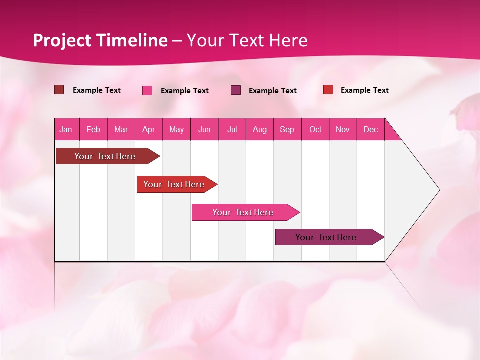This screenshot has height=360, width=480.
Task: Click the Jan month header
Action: (66, 129)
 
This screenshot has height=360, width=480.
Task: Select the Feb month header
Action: (93, 129)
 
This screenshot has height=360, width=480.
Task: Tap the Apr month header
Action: (149, 129)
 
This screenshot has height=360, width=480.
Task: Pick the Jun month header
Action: (204, 129)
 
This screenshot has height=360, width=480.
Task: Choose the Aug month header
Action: (260, 129)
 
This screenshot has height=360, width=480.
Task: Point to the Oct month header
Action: (315, 129)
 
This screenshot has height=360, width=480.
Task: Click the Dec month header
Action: (371, 129)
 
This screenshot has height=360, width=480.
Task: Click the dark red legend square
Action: (59, 90)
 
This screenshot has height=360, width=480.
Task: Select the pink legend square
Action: (147, 90)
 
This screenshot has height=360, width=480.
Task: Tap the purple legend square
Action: (236, 90)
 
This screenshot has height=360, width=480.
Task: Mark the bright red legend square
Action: (328, 90)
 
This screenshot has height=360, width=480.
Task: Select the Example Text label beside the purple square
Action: (273, 91)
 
